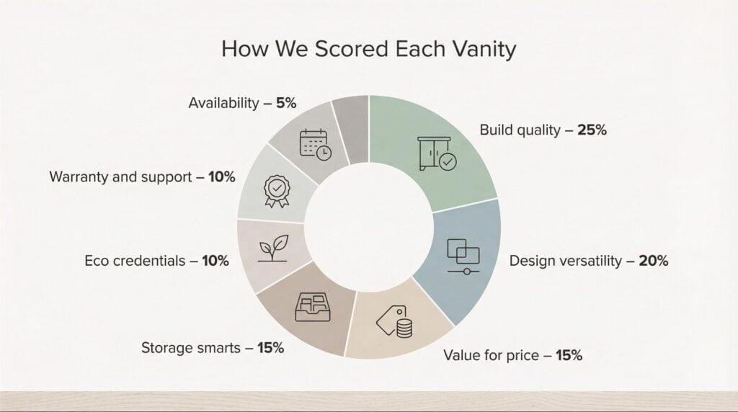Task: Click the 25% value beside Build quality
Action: (592, 130)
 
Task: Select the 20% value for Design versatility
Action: (653, 261)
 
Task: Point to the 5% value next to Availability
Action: (286, 103)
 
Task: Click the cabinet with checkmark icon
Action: (437, 153)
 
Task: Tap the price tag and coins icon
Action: (394, 322)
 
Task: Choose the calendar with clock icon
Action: (316, 144)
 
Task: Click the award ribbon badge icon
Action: (277, 192)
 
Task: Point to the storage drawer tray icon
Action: (313, 307)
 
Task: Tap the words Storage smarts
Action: (190, 348)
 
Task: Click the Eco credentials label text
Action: (135, 261)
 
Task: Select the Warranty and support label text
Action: (120, 177)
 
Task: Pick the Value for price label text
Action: (491, 355)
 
